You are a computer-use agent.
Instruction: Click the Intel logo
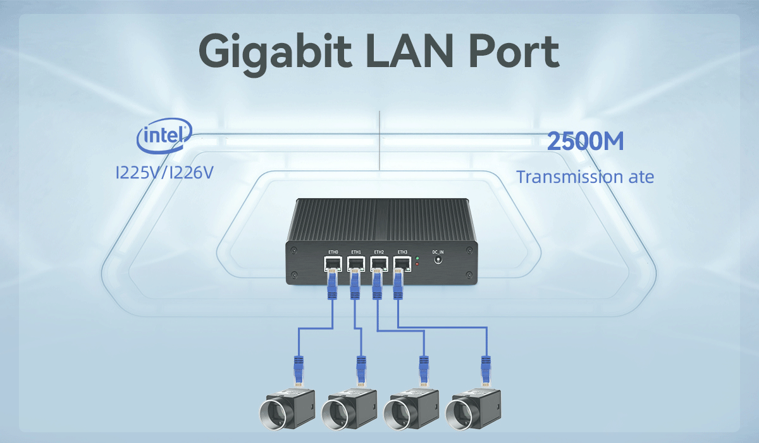click(x=164, y=135)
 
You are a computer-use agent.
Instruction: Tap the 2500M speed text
click(x=585, y=141)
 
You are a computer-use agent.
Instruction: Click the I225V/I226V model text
click(x=164, y=173)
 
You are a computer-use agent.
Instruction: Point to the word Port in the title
click(x=514, y=51)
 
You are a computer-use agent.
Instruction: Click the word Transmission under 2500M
click(x=569, y=177)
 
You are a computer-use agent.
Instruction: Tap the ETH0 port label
click(x=333, y=252)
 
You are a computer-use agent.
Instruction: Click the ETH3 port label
click(x=402, y=252)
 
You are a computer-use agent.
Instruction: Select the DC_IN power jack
click(x=438, y=260)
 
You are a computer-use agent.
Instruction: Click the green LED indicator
click(x=417, y=258)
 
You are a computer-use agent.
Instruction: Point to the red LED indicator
click(x=417, y=264)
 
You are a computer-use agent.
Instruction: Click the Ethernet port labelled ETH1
click(x=356, y=264)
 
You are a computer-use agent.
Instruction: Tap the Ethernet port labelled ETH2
click(x=379, y=264)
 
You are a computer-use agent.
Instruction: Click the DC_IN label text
click(x=438, y=252)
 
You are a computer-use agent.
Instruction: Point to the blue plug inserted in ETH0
click(x=332, y=284)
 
